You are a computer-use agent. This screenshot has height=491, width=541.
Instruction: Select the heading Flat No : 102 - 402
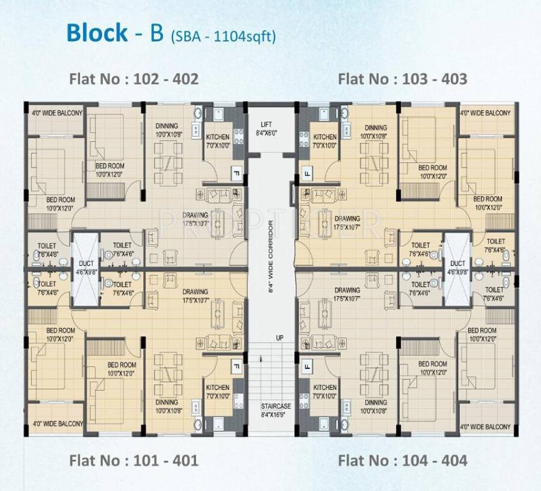point(133,79)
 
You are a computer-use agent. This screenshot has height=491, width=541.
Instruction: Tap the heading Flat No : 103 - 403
point(402,79)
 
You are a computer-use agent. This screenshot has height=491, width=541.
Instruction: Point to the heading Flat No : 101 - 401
point(133,460)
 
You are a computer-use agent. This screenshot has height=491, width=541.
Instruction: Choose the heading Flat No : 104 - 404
point(402,460)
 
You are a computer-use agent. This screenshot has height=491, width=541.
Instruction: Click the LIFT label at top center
point(266,125)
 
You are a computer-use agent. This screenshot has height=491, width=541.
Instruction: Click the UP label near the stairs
point(279,337)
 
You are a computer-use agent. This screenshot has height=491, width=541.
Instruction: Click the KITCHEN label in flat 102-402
point(217,137)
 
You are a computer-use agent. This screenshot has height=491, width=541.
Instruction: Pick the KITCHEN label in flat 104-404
point(325,387)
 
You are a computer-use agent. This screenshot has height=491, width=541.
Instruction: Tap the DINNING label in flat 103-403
point(376,128)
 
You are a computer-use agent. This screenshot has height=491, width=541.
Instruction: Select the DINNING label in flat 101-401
point(167,403)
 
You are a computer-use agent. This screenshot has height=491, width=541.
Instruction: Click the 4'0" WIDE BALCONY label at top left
point(57,113)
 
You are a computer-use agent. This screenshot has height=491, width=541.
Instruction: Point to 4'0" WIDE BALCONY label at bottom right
point(485,426)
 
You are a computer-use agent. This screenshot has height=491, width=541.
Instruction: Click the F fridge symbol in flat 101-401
point(234,366)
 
